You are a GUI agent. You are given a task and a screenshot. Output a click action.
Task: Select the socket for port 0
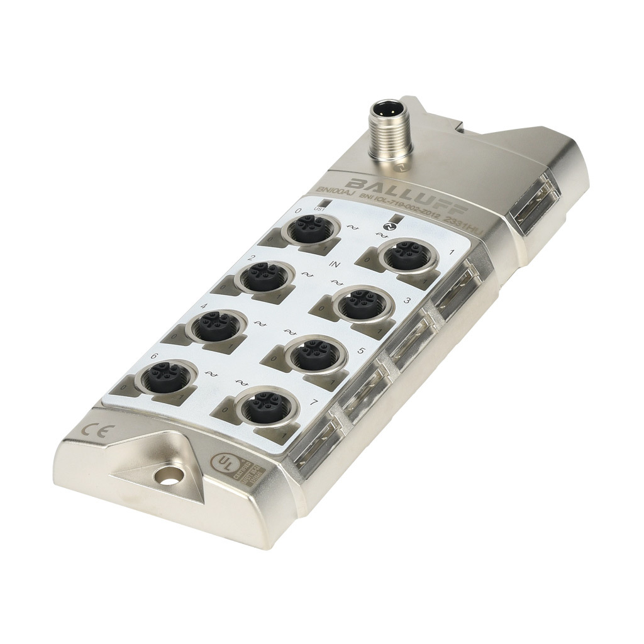[x=309, y=226]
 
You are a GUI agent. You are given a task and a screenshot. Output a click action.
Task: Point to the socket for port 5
[x=309, y=357]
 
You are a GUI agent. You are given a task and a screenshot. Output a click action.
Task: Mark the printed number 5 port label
[x=360, y=350]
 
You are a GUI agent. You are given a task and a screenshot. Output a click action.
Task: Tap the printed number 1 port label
[x=450, y=252]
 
